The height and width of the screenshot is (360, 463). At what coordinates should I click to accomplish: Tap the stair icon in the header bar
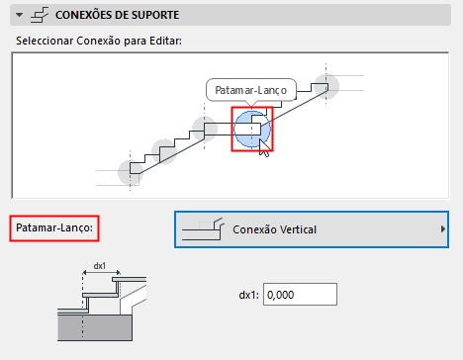pos(42,15)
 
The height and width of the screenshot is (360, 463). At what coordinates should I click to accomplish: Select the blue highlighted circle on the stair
pos(250,128)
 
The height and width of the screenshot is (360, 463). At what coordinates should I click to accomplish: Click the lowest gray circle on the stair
pos(130,171)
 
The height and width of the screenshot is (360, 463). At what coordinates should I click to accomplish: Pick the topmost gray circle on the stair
pos(327,85)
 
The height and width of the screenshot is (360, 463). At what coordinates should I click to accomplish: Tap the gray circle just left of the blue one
pos(204,129)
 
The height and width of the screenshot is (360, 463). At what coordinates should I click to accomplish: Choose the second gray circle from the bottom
pos(165,150)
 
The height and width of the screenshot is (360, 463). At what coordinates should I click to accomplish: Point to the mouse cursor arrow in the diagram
pos(263,146)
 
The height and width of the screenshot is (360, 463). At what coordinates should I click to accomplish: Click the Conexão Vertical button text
pos(283,229)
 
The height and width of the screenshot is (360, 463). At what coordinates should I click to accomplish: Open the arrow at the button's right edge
pos(442,229)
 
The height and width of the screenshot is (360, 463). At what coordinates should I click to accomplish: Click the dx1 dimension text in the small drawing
pos(99,265)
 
